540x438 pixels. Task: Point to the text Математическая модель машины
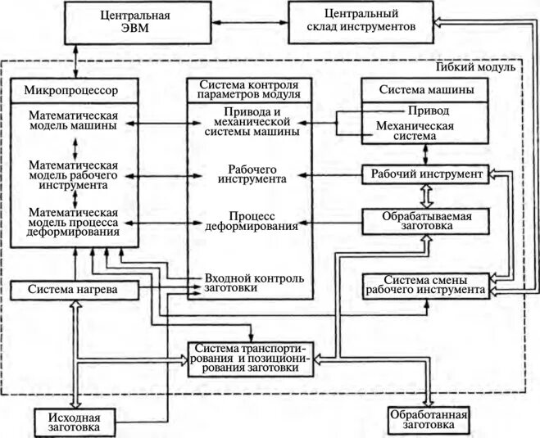(x=72, y=120)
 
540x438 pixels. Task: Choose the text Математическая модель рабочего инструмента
(x=72, y=175)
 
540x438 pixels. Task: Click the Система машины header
(x=426, y=89)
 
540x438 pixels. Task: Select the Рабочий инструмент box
(x=426, y=174)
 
